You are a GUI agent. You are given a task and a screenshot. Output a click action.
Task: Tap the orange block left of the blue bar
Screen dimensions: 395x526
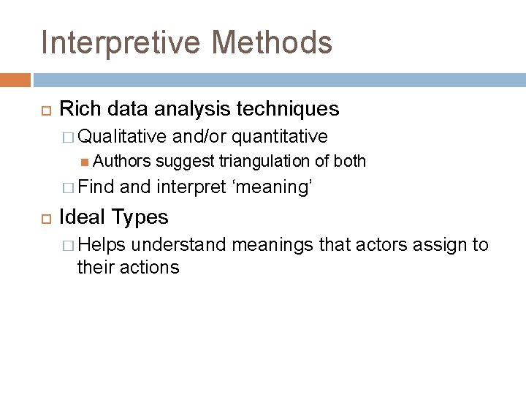tap(15, 80)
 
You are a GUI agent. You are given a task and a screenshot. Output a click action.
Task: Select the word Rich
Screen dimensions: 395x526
tap(76, 109)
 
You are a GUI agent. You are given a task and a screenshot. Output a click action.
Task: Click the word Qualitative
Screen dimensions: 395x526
tap(122, 136)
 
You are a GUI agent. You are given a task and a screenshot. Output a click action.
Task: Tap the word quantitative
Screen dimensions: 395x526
tap(281, 136)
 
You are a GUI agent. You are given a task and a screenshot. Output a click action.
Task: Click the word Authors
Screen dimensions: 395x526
tap(122, 161)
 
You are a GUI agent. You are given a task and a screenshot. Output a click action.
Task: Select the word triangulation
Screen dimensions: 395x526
tap(259, 161)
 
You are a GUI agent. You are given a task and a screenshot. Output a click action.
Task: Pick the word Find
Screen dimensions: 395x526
tap(97, 187)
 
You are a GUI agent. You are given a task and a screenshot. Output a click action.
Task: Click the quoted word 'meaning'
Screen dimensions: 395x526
tap(272, 187)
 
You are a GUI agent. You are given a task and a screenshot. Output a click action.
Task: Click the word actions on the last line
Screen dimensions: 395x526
tap(150, 267)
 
